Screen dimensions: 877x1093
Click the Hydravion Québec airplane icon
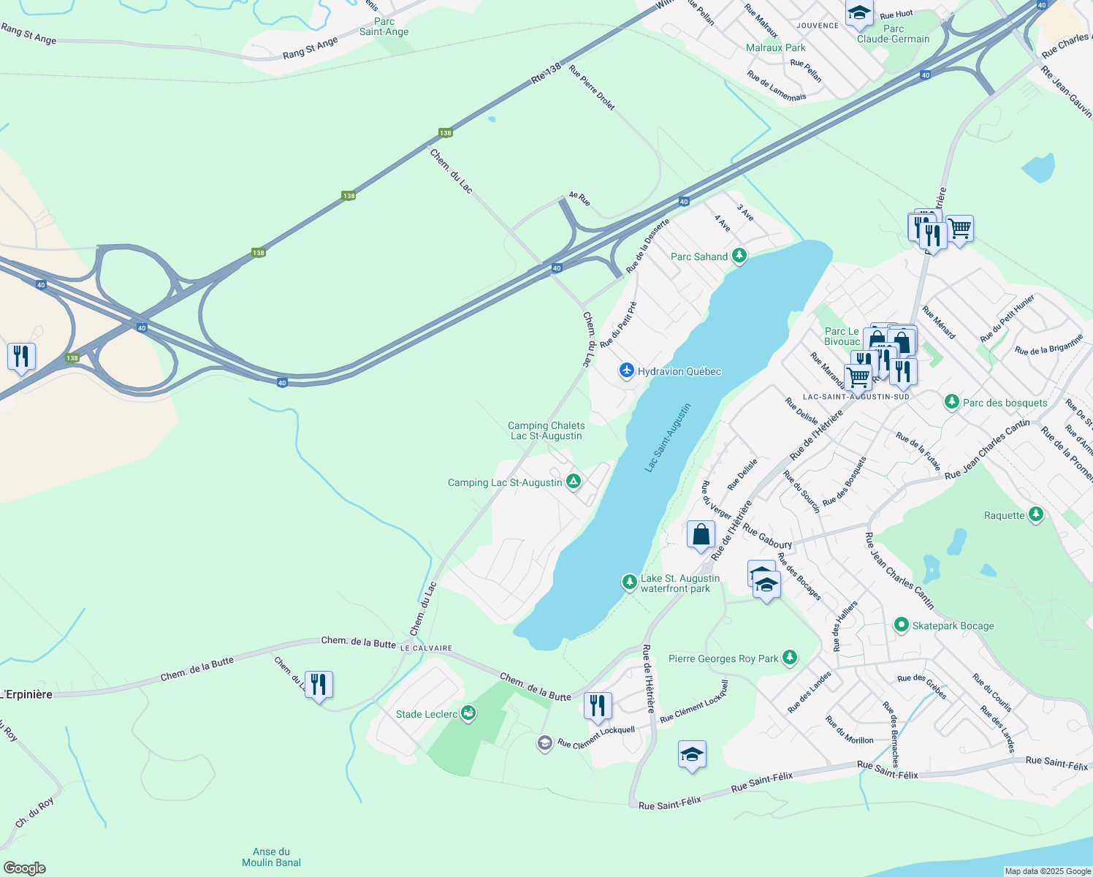626,371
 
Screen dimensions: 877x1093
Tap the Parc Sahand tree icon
739,256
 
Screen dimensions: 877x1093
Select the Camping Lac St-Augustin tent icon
574,482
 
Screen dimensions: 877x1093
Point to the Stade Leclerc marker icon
468,714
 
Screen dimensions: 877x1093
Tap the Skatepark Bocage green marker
901,626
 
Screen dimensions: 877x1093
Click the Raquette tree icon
1035,515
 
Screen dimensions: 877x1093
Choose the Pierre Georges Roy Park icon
789,658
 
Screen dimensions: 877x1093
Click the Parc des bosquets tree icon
951,403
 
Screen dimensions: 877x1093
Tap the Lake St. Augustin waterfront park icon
629,582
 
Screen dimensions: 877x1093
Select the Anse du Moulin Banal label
271,857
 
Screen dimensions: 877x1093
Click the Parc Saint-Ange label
384,27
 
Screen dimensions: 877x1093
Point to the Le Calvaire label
426,648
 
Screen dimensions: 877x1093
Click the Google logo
24,868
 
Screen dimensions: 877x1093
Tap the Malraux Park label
776,48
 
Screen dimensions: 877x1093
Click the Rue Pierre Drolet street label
592,88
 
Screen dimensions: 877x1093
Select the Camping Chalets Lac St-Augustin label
546,430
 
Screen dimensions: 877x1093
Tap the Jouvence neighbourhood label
818,26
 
